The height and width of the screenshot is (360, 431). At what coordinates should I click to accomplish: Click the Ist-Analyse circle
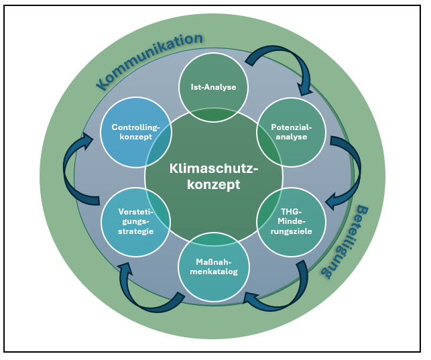tap(213, 86)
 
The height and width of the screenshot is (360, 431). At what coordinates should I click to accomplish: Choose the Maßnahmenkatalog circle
tap(213, 266)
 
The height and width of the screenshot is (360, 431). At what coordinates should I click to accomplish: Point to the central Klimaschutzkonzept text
tap(213, 176)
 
